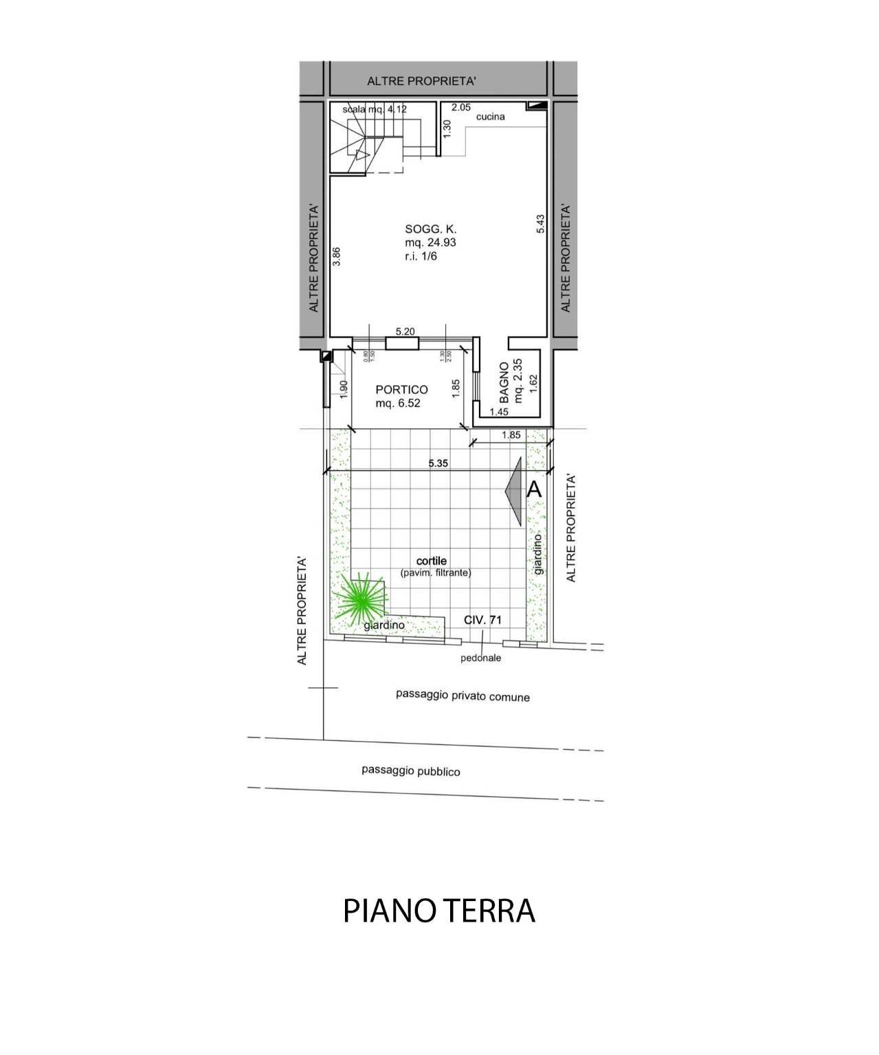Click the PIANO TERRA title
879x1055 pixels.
438,911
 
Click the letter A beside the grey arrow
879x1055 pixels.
534,490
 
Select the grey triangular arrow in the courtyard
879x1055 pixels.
515,490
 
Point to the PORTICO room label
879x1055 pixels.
401,390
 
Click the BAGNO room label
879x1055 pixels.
504,382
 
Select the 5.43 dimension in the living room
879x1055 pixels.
540,224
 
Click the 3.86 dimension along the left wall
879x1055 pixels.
336,256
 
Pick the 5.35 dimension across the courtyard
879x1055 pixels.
438,463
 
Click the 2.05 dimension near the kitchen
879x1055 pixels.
460,107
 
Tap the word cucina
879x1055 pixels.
490,117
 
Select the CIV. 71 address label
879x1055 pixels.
482,620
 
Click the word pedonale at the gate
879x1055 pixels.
480,658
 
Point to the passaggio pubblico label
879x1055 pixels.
411,771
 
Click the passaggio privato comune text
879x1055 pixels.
463,696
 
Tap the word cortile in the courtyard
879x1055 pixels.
431,562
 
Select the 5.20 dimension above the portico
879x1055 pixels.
405,331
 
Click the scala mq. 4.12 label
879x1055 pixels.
376,109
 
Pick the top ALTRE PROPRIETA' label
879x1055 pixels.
421,81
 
